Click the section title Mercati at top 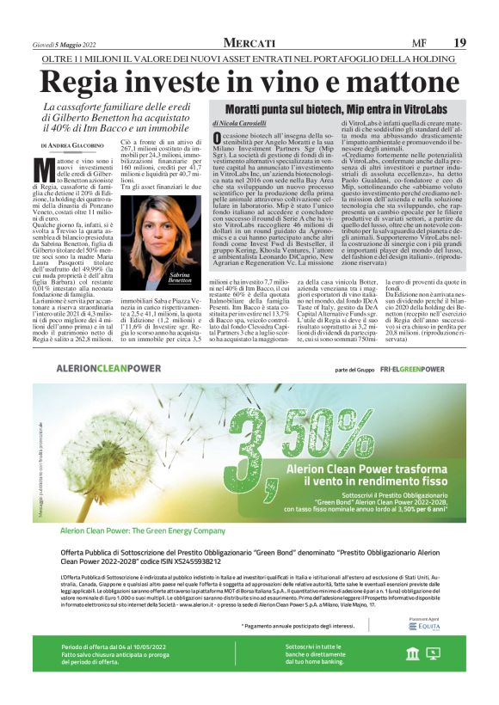click(x=249, y=43)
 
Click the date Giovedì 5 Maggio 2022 click(x=71, y=44)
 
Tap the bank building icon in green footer click(x=413, y=678)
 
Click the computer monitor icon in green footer click(x=434, y=678)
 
